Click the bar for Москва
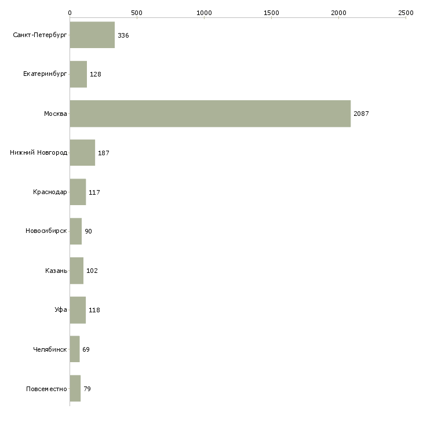point(210,114)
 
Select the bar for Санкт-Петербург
point(92,35)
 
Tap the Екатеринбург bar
point(78,74)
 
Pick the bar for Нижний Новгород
point(82,153)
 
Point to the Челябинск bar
point(75,349)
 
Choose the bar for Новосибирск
point(76,231)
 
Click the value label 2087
point(361,114)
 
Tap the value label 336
point(123,35)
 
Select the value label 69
point(86,349)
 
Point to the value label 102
point(92,271)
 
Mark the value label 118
point(94,310)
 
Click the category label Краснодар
point(50,192)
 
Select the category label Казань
point(56,271)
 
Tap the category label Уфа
point(61,309)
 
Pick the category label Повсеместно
point(46,389)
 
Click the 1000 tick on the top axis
point(204,13)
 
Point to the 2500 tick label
point(406,13)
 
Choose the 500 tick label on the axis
point(137,13)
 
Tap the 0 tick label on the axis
point(70,13)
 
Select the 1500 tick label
point(271,13)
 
